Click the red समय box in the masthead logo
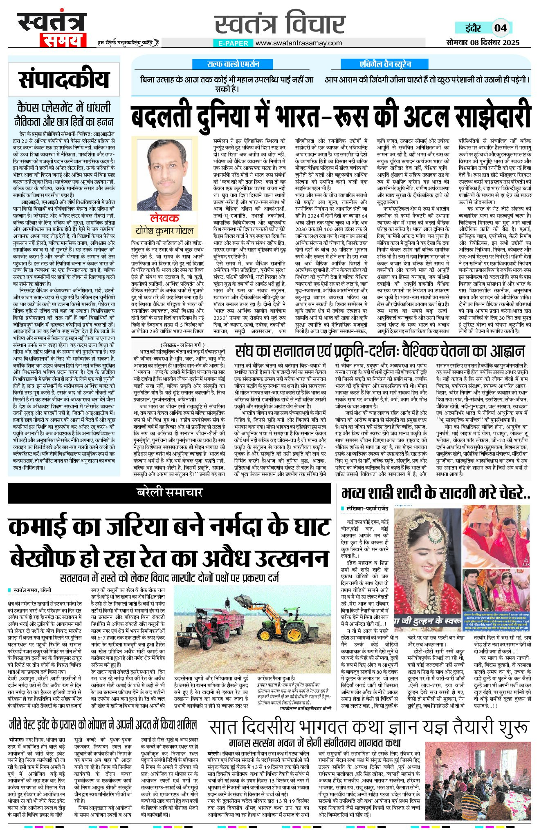(63, 40)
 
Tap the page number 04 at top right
(500, 28)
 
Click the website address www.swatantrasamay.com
(299, 43)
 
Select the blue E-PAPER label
(233, 43)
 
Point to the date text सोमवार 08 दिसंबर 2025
(483, 42)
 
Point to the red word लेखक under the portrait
(164, 218)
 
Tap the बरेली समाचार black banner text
(169, 493)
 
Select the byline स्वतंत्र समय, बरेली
(33, 591)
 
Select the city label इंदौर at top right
(473, 28)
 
